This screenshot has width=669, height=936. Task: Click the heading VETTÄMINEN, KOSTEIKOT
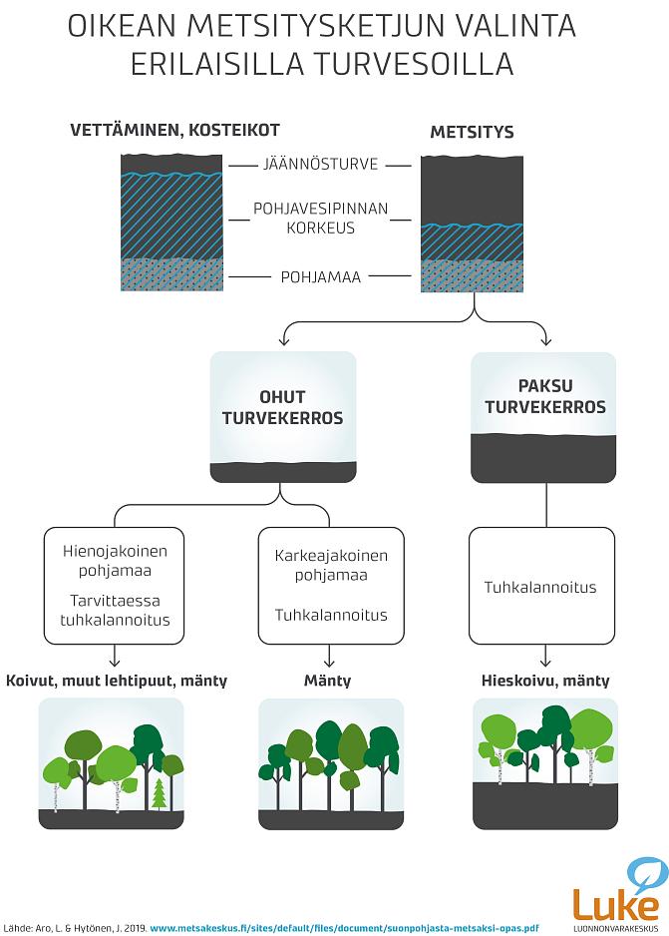click(x=173, y=131)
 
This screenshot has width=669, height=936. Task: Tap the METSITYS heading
click(x=472, y=132)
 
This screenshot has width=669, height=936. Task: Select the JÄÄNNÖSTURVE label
click(x=318, y=165)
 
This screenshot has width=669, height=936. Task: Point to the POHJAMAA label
click(x=318, y=275)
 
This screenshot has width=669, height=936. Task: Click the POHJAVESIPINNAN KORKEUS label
click(x=318, y=219)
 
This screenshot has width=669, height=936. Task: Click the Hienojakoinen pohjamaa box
click(x=117, y=586)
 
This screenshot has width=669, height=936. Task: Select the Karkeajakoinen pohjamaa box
click(x=331, y=586)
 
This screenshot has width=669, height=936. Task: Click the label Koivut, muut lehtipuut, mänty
click(x=117, y=681)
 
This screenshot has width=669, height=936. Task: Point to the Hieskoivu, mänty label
click(x=545, y=681)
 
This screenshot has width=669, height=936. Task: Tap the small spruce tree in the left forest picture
click(x=158, y=795)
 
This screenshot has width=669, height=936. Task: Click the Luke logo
click(x=615, y=891)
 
